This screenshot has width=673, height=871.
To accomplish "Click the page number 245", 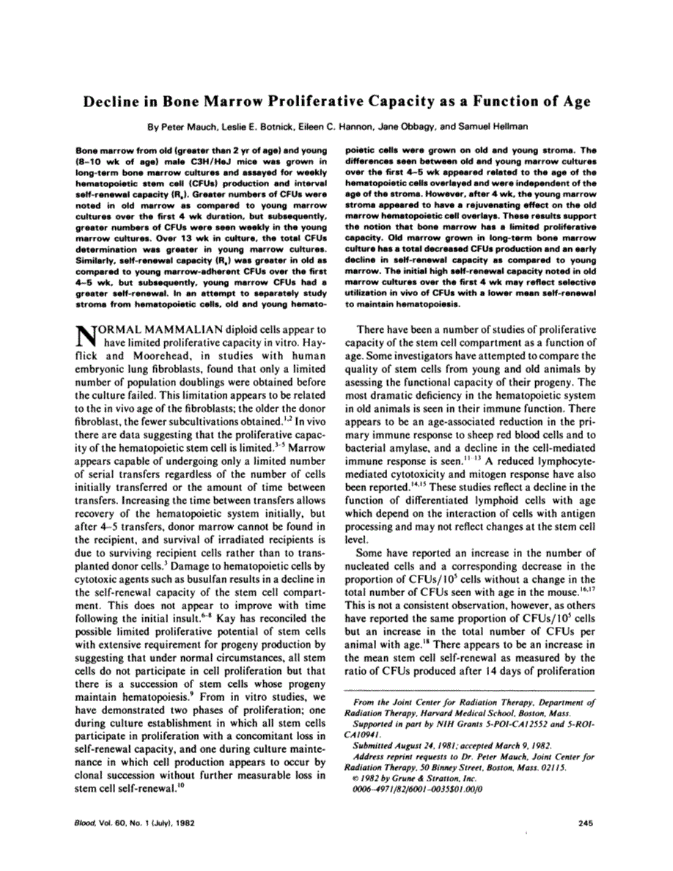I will [x=584, y=823].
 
